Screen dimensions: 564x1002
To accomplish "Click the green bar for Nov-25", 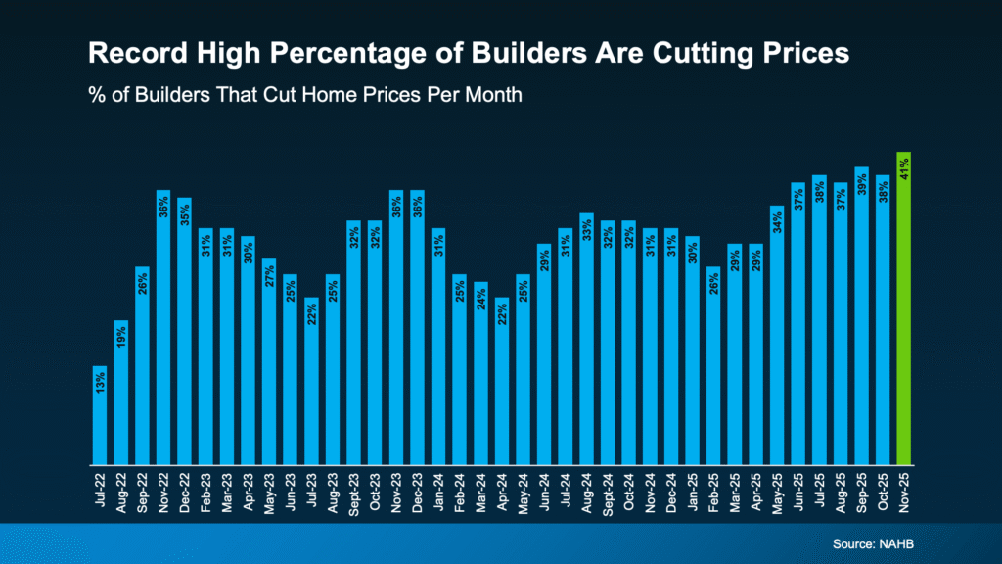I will pos(904,313).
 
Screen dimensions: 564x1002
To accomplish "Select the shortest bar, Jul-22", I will pos(100,416).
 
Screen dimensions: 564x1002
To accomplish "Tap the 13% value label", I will pos(100,383).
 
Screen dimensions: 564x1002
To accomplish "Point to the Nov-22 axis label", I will pos(163,491).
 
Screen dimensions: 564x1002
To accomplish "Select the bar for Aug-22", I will pos(121,392).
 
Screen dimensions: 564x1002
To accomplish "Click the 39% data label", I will pos(862,184).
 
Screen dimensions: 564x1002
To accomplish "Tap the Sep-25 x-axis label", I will pos(862,491).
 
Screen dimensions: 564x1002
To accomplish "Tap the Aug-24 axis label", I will pos(586,491).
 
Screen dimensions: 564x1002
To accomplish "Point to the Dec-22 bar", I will pos(184,333).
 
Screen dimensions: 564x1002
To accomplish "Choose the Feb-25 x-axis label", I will pos(713,491).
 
